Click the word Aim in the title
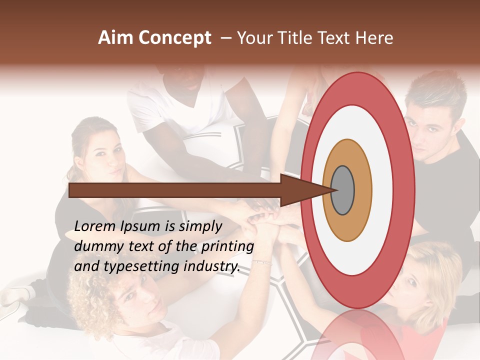click(116, 38)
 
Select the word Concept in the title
click(175, 38)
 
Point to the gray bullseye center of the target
click(342, 190)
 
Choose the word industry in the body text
click(212, 266)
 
